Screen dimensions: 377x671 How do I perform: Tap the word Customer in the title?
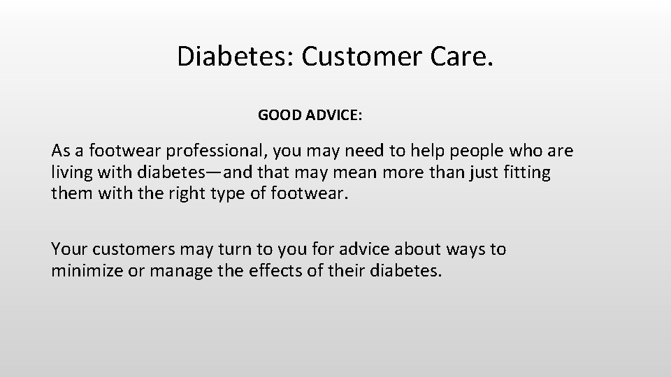pyautogui.click(x=362, y=57)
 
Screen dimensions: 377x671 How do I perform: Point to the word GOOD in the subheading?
pyautogui.click(x=280, y=115)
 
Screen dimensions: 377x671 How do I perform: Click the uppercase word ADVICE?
pyautogui.click(x=333, y=115)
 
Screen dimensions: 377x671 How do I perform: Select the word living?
pyautogui.click(x=71, y=172)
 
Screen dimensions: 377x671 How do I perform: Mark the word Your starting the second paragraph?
pyautogui.click(x=69, y=249)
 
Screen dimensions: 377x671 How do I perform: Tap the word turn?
pyautogui.click(x=229, y=249)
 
